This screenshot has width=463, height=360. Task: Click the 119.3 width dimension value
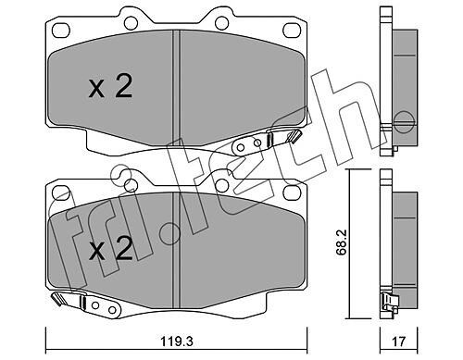click(x=177, y=341)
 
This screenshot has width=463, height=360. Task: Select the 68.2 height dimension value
click(x=342, y=242)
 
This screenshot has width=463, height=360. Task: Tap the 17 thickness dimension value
click(x=399, y=341)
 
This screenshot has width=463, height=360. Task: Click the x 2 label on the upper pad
click(x=110, y=86)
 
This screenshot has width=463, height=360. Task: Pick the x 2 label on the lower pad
click(x=111, y=248)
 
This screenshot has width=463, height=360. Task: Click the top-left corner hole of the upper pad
click(x=61, y=31)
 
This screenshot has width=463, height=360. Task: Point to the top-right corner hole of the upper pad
click(x=292, y=30)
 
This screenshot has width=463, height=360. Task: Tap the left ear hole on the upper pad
click(x=131, y=23)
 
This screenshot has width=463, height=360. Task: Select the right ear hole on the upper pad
click(x=221, y=23)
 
